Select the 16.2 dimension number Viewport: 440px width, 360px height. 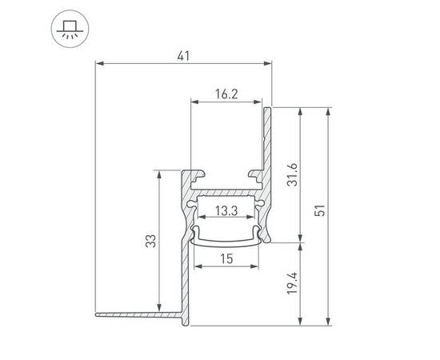coord(226,94)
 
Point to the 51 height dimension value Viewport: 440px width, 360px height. coord(319,212)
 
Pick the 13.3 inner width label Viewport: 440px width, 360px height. coord(226,211)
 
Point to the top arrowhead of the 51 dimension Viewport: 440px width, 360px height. coord(329,109)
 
